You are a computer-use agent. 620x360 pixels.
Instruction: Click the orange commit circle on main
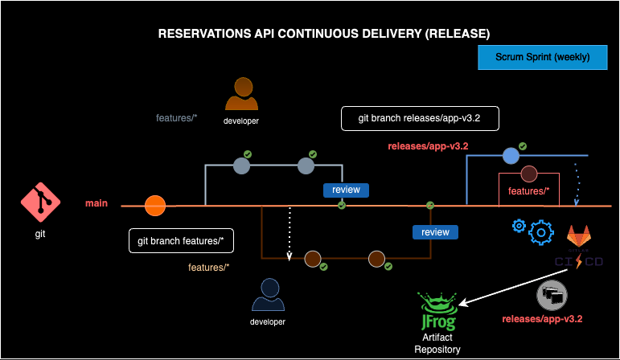coord(154,206)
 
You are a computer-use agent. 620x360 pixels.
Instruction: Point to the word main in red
coord(96,203)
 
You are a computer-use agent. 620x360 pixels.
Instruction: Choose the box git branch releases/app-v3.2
coord(421,118)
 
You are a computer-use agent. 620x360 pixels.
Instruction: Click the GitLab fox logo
coord(581,238)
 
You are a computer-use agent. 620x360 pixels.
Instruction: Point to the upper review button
coord(347,190)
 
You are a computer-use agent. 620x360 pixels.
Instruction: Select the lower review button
coord(435,232)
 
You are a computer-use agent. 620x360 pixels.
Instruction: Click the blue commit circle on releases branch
coord(510,156)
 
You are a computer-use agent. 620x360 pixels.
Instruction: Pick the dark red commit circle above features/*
coord(528,174)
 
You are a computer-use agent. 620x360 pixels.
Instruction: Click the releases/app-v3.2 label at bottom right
coord(542,319)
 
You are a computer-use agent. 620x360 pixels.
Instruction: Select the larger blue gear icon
coord(542,233)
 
